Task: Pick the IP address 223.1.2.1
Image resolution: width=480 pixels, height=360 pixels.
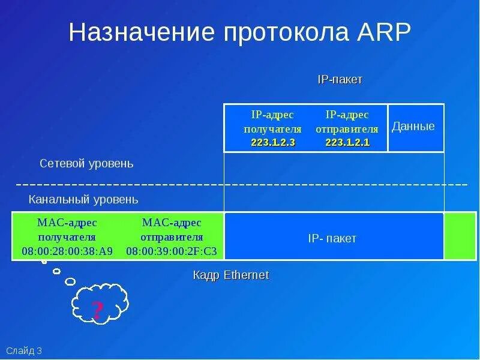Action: pyautogui.click(x=347, y=142)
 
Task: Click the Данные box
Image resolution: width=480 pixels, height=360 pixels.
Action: pyautogui.click(x=413, y=127)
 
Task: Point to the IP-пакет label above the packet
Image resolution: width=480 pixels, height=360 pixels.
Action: pyautogui.click(x=340, y=80)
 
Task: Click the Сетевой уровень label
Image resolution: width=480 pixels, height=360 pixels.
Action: pyautogui.click(x=86, y=163)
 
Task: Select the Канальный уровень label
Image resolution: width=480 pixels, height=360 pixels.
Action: pyautogui.click(x=83, y=199)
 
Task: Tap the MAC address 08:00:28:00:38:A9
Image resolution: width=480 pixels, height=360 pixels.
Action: pyautogui.click(x=67, y=251)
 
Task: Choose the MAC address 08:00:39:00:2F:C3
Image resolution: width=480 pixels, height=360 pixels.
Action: pyautogui.click(x=172, y=251)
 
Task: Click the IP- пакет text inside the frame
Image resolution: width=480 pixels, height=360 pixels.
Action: pyautogui.click(x=332, y=238)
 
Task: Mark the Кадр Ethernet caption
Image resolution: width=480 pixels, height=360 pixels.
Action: pyautogui.click(x=231, y=275)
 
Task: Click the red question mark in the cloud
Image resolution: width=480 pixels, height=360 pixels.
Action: pyautogui.click(x=97, y=310)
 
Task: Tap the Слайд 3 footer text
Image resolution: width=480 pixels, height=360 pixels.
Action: pyautogui.click(x=24, y=351)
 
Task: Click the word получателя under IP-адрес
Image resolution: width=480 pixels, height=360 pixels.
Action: pyautogui.click(x=272, y=129)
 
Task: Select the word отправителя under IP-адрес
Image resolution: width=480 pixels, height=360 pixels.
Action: pyautogui.click(x=347, y=129)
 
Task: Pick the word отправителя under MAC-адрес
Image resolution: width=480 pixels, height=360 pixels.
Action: pyautogui.click(x=172, y=237)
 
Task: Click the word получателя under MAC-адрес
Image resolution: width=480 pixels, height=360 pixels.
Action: pyautogui.click(x=67, y=237)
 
